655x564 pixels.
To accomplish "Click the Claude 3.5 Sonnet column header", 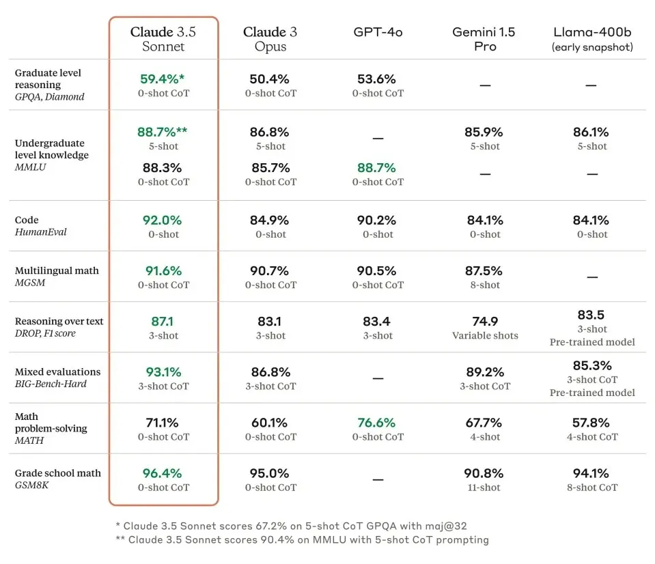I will click(x=163, y=40).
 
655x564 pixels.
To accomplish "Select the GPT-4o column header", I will click(x=378, y=33).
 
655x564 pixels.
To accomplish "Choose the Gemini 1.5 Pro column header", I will click(x=485, y=40).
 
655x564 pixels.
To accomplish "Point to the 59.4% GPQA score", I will click(x=163, y=79).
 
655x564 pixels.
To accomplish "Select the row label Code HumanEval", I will click(x=41, y=226).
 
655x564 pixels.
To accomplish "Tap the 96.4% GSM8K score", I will click(x=163, y=473).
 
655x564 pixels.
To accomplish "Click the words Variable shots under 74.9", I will click(x=485, y=335).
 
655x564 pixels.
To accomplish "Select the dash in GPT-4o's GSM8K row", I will click(x=378, y=480).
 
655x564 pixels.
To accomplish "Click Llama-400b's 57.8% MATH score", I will click(x=591, y=423).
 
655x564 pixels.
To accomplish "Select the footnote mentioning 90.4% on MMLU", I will click(x=302, y=539).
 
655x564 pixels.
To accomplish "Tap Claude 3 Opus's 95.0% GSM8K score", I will click(x=270, y=473).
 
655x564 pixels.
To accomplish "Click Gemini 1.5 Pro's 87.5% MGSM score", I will click(x=485, y=271).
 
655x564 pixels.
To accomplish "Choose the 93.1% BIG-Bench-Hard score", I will click(x=163, y=372).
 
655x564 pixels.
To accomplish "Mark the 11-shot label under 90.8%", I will click(x=485, y=488).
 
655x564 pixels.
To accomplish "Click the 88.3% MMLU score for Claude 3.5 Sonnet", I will click(x=163, y=167).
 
